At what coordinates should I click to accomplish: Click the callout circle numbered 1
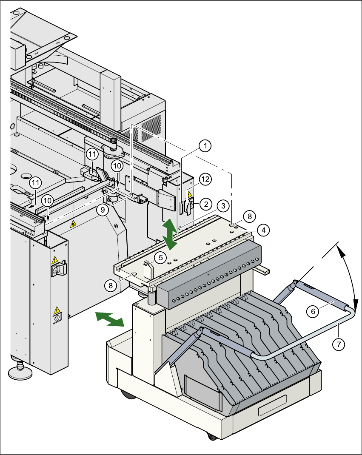tap(205, 146)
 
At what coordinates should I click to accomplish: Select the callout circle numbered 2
tap(205, 204)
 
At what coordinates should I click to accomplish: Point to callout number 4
tap(263, 231)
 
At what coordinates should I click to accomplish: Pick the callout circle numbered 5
tap(160, 257)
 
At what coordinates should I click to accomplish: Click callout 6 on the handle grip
tap(313, 311)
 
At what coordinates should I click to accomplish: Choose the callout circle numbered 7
tap(338, 344)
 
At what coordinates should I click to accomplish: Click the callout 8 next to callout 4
tap(250, 216)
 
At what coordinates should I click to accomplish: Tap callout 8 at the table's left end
tap(111, 286)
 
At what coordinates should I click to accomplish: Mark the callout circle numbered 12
tap(205, 179)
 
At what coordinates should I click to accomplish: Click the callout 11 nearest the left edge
tap(36, 183)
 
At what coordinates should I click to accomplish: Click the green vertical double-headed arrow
tap(171, 234)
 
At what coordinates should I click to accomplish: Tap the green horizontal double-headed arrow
tap(108, 318)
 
